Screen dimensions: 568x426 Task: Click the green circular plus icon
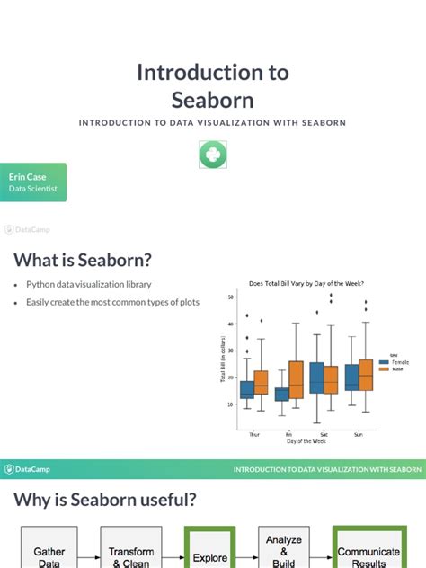(x=213, y=155)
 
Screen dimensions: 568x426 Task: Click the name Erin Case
(x=28, y=177)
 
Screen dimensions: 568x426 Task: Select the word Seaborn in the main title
(x=213, y=100)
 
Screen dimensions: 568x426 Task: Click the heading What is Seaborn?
(x=83, y=260)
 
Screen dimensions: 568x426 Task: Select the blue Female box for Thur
(x=247, y=389)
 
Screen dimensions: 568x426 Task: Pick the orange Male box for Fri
(x=296, y=378)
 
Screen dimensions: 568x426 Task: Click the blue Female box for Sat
(x=317, y=377)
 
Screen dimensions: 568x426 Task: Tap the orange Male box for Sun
(x=365, y=374)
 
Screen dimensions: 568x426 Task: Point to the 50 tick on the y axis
(x=231, y=297)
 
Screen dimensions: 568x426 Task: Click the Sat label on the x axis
(x=324, y=432)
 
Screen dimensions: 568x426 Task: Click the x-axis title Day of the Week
(x=306, y=440)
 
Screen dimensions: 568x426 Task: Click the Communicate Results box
(x=368, y=556)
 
